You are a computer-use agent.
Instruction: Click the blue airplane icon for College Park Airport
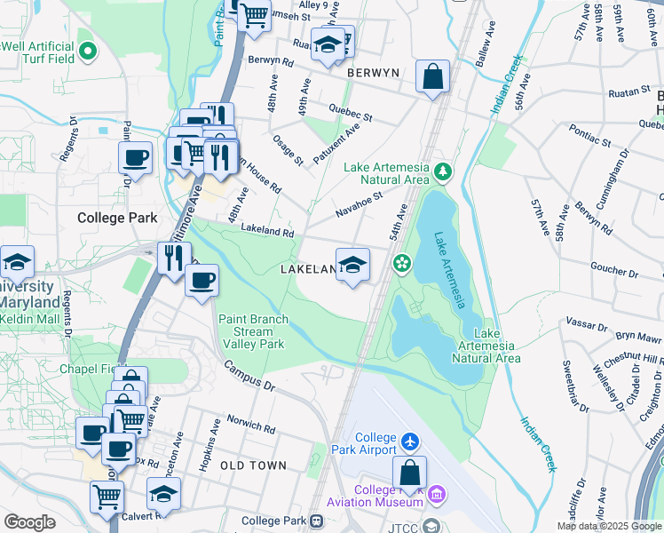click(x=408, y=442)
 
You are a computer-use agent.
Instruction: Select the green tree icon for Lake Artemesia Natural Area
click(x=442, y=169)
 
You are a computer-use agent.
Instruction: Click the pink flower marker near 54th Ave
click(x=401, y=262)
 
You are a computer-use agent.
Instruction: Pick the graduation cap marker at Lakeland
click(x=352, y=264)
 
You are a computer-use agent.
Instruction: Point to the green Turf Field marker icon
click(x=87, y=52)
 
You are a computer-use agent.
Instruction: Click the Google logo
click(x=29, y=522)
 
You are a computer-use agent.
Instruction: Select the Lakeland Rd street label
click(x=266, y=230)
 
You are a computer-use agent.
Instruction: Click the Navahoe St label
click(x=359, y=204)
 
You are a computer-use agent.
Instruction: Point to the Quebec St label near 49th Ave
click(x=351, y=111)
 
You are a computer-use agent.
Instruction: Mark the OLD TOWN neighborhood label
click(x=253, y=465)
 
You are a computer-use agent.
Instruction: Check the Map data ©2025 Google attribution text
click(x=609, y=526)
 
